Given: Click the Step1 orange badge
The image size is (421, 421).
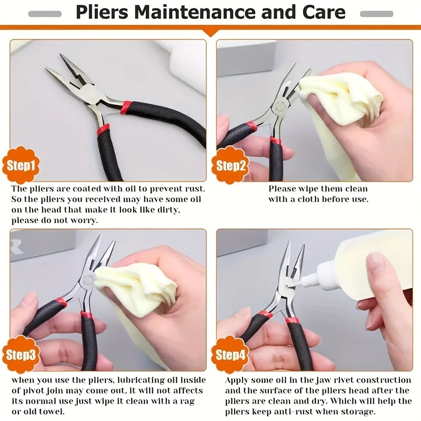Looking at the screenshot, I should coord(21,166).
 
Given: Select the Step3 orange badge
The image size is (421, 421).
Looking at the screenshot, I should coord(21,355).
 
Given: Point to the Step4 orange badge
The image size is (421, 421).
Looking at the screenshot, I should coord(230,355).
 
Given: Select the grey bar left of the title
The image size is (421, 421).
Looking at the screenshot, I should coord(45,13).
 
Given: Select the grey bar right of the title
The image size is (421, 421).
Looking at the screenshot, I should coord(376,13).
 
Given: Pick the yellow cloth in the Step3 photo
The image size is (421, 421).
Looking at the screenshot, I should coord(137,287).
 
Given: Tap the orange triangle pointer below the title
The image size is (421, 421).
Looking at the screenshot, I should coord(210,33).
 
